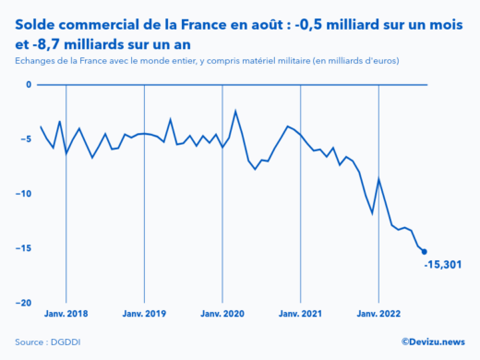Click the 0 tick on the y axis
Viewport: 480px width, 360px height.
pyautogui.click(x=28, y=85)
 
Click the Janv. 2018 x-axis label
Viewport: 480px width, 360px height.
pyautogui.click(x=66, y=314)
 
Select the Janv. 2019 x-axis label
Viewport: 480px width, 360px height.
pyautogui.click(x=144, y=314)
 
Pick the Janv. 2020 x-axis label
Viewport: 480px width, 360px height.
pyautogui.click(x=222, y=314)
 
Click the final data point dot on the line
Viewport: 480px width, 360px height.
pyautogui.click(x=424, y=251)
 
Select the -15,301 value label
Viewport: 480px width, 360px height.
pyautogui.click(x=443, y=266)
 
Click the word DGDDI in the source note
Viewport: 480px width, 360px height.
pyautogui.click(x=65, y=342)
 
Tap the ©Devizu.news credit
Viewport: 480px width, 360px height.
pyautogui.click(x=433, y=342)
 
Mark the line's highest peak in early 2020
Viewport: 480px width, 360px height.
pyautogui.click(x=235, y=111)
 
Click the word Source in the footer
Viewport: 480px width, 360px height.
pyautogui.click(x=30, y=342)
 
